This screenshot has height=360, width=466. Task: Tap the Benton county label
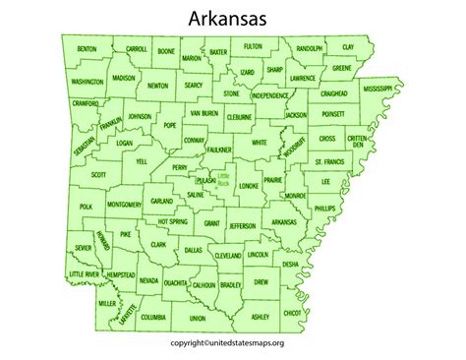pos(87,48)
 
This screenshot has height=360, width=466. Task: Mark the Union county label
pos(198,319)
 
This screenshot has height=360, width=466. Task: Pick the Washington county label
pos(87,83)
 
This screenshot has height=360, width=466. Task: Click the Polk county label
pos(87,207)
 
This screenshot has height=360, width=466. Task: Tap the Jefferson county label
pos(242,225)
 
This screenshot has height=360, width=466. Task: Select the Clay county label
pos(348,47)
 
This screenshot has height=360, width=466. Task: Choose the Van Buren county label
pos(204,114)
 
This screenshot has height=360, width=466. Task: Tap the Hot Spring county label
pos(172,223)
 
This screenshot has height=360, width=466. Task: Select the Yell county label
pos(141,159)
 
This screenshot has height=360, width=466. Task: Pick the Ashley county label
pos(260,317)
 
